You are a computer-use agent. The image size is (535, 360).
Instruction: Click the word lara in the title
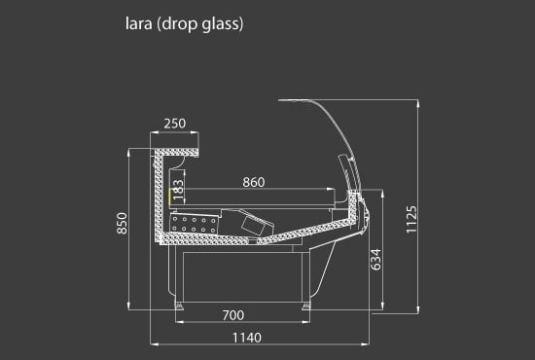(138, 24)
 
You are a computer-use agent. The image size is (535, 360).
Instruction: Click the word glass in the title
(222, 24)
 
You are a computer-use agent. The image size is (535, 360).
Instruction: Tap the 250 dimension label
(175, 124)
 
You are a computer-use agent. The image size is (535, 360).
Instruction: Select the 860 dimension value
(254, 182)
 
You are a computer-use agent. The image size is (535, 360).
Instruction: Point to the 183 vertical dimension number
(178, 190)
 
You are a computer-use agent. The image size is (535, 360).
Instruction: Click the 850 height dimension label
(122, 223)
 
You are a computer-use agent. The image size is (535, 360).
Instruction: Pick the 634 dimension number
(375, 260)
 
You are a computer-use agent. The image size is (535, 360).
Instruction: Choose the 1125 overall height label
(411, 220)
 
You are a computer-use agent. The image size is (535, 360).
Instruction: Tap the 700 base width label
(233, 315)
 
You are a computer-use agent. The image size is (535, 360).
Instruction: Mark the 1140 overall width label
(247, 338)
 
